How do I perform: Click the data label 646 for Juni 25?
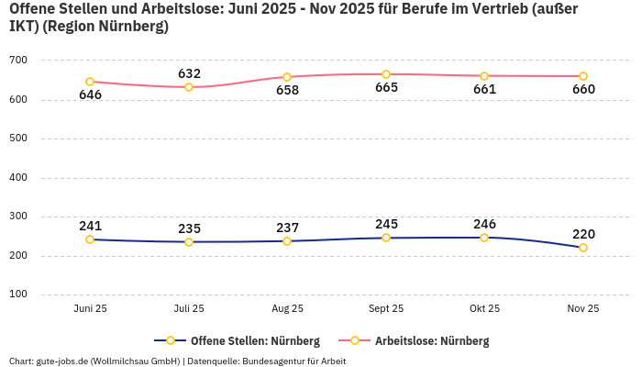90,95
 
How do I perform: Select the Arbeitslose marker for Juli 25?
189,87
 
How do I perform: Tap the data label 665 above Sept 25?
386,88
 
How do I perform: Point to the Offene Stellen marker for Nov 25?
583,248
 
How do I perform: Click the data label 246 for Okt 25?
484,223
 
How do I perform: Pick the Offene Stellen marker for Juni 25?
90,239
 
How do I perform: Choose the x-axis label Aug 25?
287,309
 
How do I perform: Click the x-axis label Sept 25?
386,309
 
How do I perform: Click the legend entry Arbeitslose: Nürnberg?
432,341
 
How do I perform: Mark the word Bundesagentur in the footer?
273,361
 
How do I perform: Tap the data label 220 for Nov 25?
583,234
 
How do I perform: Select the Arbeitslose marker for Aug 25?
287,77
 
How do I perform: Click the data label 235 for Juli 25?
189,228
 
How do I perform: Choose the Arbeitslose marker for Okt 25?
484,76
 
